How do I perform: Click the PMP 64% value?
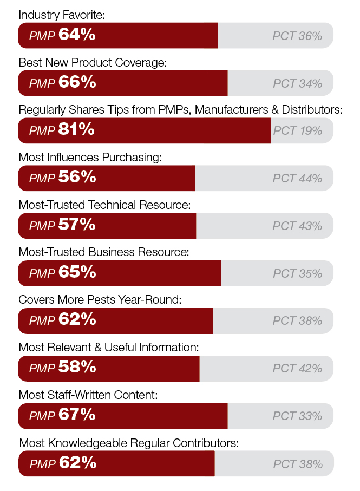pos(62,35)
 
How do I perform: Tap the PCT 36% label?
pos(297,36)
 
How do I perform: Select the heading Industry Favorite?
pos(61,15)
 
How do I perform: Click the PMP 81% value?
pos(62,130)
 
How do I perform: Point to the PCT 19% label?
pos(297,131)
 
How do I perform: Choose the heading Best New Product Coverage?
pos(92,63)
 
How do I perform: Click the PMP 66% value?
pos(62,83)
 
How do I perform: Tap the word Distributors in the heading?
pos(312,110)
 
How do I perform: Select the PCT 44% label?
pos(297,179)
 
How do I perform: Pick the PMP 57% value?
pos(62,225)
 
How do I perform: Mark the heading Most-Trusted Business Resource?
pos(103,252)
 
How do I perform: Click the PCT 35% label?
pos(297,273)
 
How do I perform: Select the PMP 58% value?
pos(62,368)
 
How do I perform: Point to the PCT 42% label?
pos(297,369)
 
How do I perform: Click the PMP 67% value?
pos(62,415)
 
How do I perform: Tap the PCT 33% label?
pos(297,416)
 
